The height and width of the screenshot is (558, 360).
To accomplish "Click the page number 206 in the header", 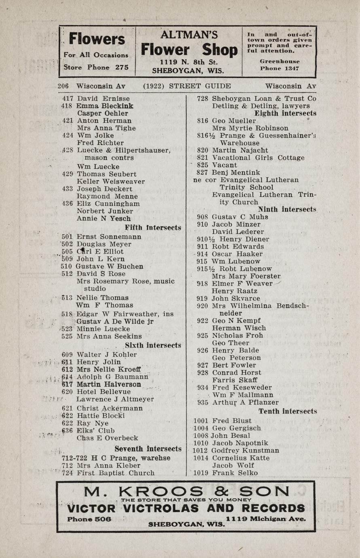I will (x=63, y=86).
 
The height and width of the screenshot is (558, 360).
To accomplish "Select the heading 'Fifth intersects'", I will (x=153, y=228).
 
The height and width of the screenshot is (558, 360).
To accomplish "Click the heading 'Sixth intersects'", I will (x=153, y=345).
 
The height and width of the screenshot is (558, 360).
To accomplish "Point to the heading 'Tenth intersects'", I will (x=288, y=411).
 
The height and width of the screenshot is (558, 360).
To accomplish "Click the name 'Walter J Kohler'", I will (x=107, y=355).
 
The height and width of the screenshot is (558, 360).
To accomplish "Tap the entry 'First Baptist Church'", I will (x=116, y=473).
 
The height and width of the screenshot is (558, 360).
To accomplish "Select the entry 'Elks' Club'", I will (x=96, y=431).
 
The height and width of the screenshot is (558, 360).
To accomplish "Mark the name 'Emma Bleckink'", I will (x=105, y=106).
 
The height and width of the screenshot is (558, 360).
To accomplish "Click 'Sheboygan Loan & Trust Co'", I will (x=264, y=99).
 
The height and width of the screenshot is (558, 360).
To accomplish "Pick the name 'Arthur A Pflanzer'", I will (x=245, y=402).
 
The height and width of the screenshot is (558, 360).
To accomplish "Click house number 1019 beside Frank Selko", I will (x=201, y=473).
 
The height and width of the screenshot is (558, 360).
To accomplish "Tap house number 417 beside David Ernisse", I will (x=68, y=99).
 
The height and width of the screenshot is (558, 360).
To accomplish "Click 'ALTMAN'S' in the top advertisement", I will (x=189, y=35).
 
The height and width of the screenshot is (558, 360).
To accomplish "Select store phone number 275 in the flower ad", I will (x=122, y=67).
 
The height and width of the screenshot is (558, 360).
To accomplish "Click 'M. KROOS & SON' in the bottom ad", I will (x=187, y=491).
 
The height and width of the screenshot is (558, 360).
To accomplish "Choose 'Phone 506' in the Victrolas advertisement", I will (x=89, y=519).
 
